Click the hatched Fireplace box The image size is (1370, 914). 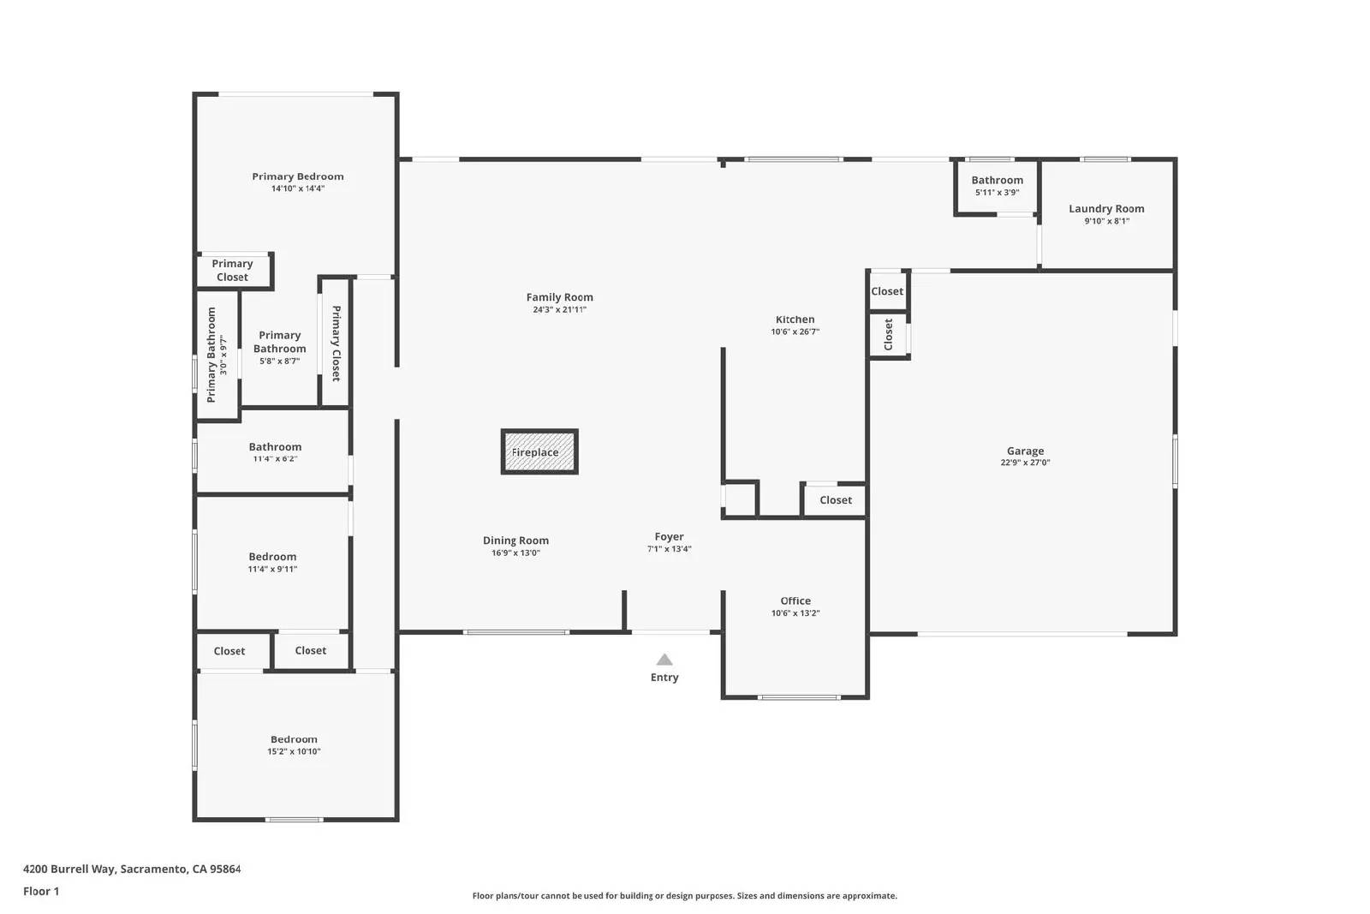click(539, 451)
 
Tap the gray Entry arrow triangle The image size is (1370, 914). click(664, 660)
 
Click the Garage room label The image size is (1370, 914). click(1025, 451)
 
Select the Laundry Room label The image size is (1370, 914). click(1106, 208)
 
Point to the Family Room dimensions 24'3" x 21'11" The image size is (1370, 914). click(559, 310)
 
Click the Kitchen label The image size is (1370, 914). click(795, 320)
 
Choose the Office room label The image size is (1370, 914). click(795, 600)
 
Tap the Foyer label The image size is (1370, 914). click(669, 537)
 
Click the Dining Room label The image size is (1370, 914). click(515, 541)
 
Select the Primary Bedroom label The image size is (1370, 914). click(297, 176)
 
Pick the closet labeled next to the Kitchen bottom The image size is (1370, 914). click(835, 500)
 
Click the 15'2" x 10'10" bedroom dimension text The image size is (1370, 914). click(294, 751)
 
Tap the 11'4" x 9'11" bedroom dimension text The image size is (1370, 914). click(272, 569)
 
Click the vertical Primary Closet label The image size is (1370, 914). click(336, 343)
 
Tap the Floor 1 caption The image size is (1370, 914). click(41, 891)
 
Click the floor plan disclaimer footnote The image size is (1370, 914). click(684, 896)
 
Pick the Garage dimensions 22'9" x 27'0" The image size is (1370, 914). click(1025, 463)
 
